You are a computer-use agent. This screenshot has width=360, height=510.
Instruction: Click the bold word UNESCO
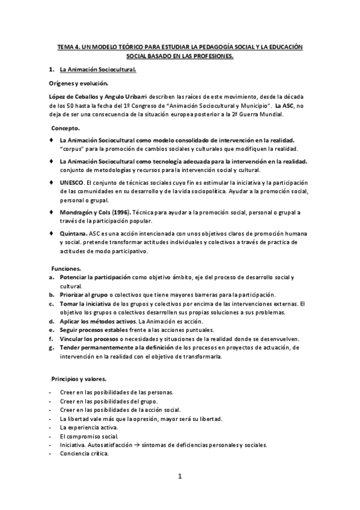point(72,182)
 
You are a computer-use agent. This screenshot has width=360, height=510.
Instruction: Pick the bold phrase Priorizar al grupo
point(85,295)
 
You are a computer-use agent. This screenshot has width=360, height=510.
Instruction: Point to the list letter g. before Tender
point(52,347)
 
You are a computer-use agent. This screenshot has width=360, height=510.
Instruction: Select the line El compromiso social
point(89,435)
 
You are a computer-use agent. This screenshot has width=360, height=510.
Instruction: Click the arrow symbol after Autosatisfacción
point(153,445)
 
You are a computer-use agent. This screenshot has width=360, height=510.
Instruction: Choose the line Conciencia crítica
point(84,453)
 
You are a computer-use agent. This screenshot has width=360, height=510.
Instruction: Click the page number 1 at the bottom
point(179,477)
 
